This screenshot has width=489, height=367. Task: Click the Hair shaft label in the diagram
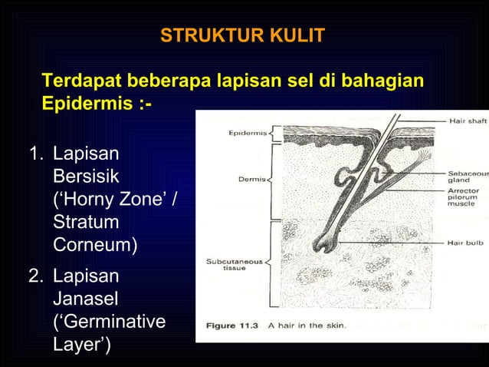466,120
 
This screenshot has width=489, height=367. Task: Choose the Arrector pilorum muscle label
464,198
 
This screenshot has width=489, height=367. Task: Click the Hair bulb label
465,243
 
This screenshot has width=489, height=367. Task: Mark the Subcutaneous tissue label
234,265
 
